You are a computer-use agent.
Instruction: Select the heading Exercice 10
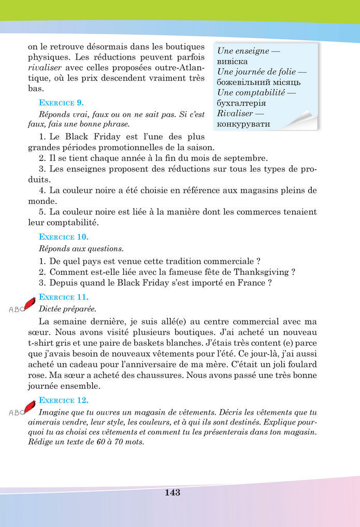(63, 237)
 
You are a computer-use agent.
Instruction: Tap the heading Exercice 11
(63, 297)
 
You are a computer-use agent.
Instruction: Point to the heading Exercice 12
(63, 400)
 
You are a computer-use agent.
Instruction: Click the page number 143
(172, 492)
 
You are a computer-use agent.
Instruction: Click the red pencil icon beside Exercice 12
(30, 405)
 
